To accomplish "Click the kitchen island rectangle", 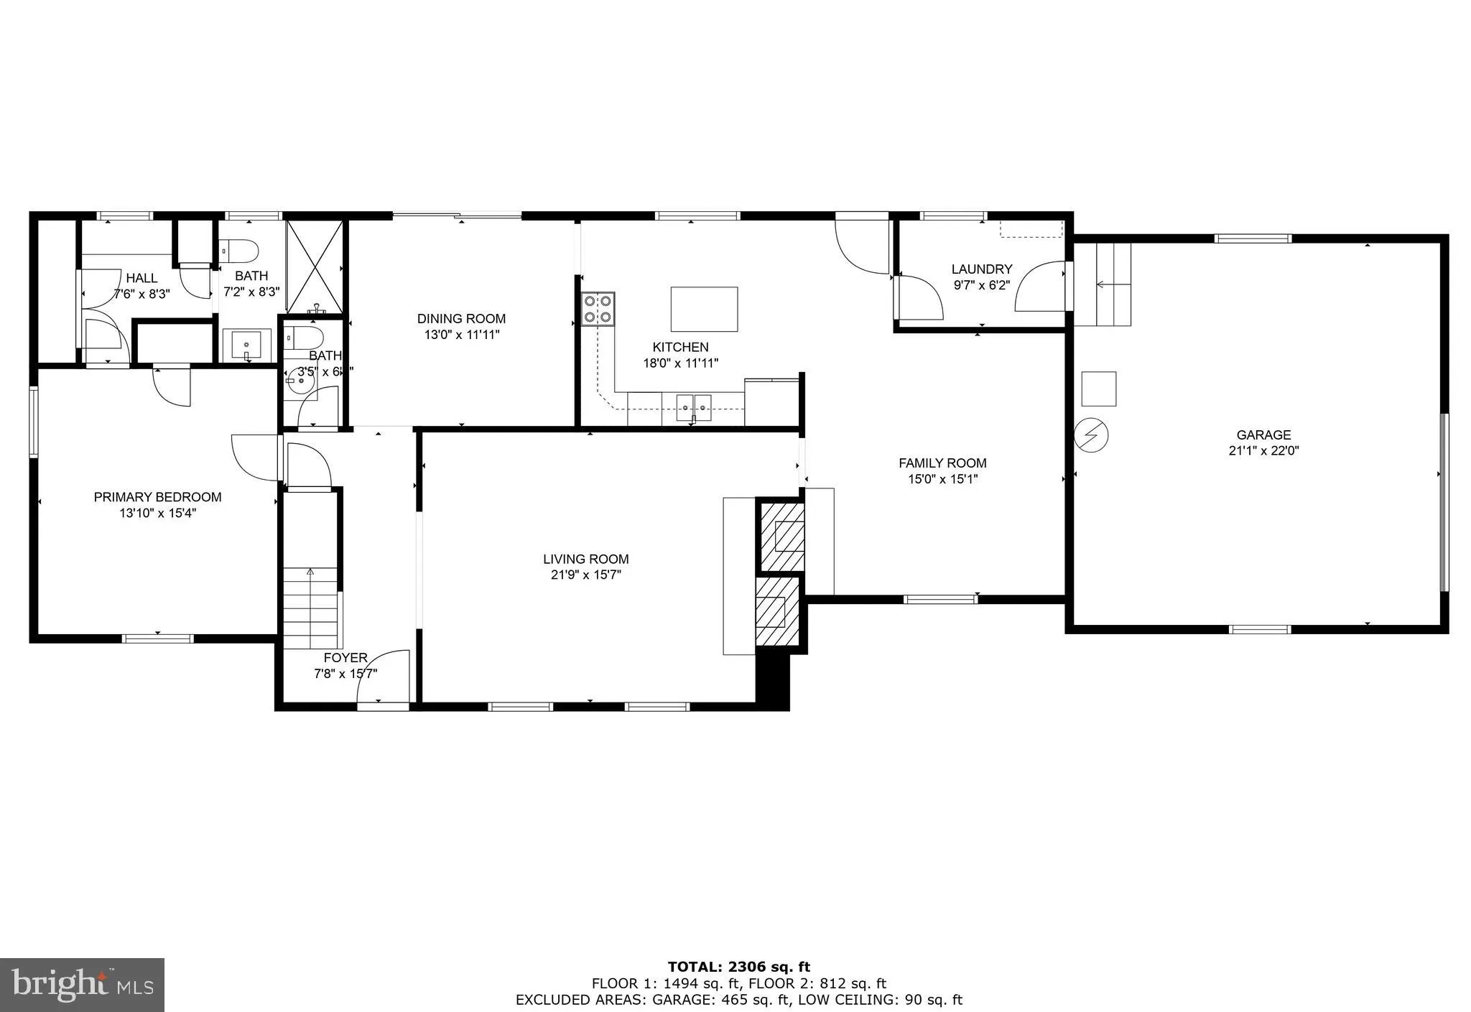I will [704, 309].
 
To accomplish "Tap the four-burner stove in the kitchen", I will [598, 309].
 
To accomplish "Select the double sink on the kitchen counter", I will [694, 407].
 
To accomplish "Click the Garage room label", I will [1263, 435].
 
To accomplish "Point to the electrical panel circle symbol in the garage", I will [1091, 435].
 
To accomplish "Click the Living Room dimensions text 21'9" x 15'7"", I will [586, 575].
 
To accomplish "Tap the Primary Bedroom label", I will [157, 496].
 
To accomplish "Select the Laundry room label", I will [981, 269].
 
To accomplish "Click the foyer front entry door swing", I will [384, 675].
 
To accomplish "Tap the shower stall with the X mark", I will [315, 266].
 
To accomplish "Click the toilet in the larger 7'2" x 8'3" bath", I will [240, 251].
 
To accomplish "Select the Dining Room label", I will [461, 318].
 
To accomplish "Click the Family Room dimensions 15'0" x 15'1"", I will [942, 479].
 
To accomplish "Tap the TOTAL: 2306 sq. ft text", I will [738, 967].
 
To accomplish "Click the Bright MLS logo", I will [82, 984].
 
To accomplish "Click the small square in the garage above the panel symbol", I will [1099, 389].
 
